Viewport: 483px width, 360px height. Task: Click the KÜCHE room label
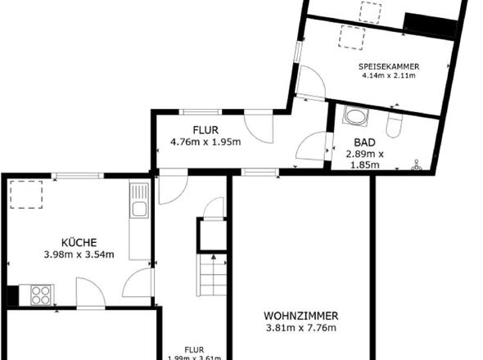(79, 242)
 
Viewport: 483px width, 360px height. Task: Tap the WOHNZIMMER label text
(301, 316)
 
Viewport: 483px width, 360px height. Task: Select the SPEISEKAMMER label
(389, 66)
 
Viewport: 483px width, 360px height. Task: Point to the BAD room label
(365, 142)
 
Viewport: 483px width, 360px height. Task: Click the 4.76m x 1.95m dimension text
(205, 142)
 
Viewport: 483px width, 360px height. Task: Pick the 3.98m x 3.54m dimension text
(79, 254)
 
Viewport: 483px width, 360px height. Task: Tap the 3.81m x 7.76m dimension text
(301, 328)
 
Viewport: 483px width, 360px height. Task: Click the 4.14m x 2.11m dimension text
(389, 75)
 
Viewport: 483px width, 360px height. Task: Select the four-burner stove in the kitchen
(41, 295)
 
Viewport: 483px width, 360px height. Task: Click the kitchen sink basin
(139, 209)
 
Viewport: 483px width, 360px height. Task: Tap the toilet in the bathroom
(394, 124)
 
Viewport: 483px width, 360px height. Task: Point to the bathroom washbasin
(355, 116)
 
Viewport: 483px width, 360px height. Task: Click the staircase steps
(212, 275)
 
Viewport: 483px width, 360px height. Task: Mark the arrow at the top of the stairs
(213, 257)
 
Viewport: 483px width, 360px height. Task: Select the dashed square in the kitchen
(26, 195)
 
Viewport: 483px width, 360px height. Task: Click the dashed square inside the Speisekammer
(351, 38)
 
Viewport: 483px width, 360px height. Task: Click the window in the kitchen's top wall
(77, 176)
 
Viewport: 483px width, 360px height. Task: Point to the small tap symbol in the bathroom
(417, 165)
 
